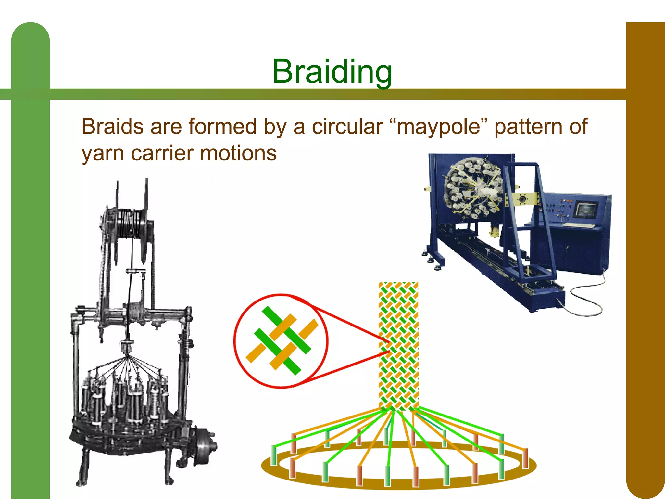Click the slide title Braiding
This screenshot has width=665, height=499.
coord(332,71)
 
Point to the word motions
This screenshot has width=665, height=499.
coord(238,153)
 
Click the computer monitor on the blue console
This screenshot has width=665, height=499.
coord(586,210)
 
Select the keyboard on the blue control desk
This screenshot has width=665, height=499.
coord(578,225)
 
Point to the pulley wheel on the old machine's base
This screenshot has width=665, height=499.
coord(205,444)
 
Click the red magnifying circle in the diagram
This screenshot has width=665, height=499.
coord(281,341)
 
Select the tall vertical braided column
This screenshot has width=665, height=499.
coord(398,344)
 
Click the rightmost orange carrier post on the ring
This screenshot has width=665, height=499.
coord(525,458)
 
